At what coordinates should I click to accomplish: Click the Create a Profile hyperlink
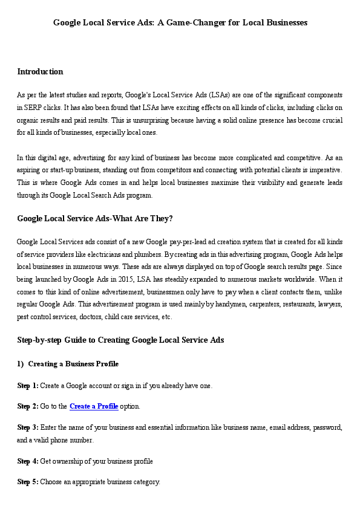click(94, 406)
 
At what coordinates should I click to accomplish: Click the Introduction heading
click(40, 72)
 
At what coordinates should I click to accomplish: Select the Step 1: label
click(28, 385)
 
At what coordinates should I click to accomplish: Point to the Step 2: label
click(28, 406)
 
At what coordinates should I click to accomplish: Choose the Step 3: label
click(28, 427)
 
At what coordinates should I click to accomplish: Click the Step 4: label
click(28, 461)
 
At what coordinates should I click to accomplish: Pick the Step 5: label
click(28, 482)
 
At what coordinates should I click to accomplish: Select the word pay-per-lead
click(166, 242)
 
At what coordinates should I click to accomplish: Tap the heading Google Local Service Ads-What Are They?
click(96, 219)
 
